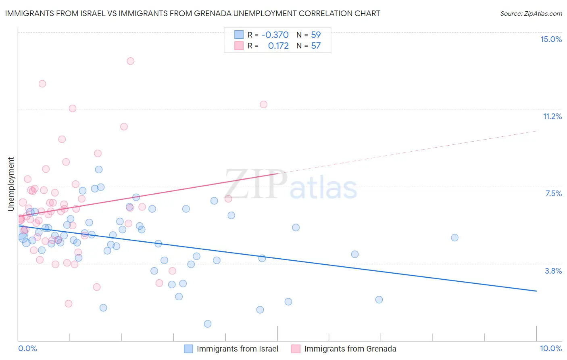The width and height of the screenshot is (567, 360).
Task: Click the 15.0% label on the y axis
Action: coord(551,39)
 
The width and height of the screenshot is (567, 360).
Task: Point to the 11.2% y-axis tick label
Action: coord(552,116)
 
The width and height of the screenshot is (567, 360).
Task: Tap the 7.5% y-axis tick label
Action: coord(553,193)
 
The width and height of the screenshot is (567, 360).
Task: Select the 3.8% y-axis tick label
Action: coord(553,271)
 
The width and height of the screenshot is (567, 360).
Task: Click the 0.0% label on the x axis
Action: coord(27,348)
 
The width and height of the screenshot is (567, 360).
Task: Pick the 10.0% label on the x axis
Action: coord(551,348)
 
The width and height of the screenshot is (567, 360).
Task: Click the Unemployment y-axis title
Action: coord(11,184)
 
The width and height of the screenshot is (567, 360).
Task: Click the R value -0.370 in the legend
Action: coord(275,35)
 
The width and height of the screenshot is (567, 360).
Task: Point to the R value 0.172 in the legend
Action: coord(278,46)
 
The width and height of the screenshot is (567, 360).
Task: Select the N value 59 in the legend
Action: coord(316,35)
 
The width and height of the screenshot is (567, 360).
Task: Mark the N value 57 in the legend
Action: coord(316,46)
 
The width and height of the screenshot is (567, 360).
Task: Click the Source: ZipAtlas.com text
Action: coord(531,13)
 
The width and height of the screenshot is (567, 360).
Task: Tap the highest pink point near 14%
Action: coord(130,61)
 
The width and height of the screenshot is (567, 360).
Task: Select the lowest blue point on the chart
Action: coord(208,324)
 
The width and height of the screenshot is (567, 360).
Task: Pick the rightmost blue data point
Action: coord(454,237)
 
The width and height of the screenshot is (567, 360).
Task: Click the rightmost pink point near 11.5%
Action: coord(263,104)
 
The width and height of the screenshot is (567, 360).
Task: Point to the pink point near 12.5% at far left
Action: coord(42,84)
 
